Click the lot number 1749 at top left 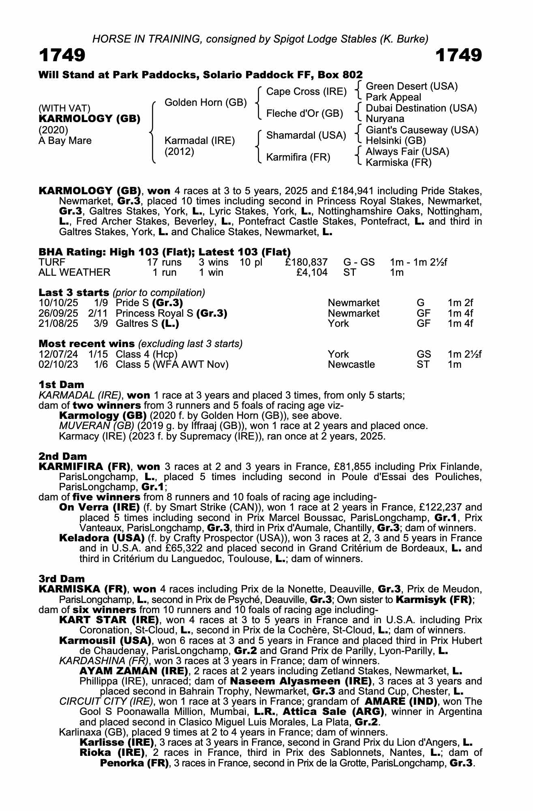point(62,56)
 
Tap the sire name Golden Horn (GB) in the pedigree point(205,103)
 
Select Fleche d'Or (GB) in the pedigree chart point(304,114)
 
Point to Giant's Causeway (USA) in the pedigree point(422,130)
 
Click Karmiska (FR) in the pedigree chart point(398,163)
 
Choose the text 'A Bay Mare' point(65,141)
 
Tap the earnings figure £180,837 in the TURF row point(306,262)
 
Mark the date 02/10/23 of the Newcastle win point(58,365)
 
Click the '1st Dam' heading point(61,384)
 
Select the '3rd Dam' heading point(62,579)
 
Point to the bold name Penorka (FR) point(134,763)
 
